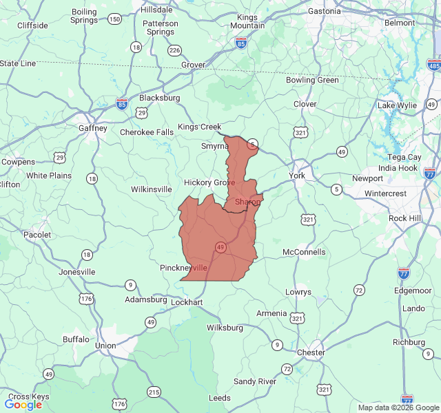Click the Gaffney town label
93,128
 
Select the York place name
297,176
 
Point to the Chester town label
310,352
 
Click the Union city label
105,345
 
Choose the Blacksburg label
159,98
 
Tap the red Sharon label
247,202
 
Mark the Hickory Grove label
209,182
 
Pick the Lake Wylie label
397,105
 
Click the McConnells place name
304,252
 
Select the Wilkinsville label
152,189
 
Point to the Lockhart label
187,302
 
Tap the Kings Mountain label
247,21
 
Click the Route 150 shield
114,19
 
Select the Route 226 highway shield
174,50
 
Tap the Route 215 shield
154,392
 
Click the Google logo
23,405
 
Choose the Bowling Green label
312,80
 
